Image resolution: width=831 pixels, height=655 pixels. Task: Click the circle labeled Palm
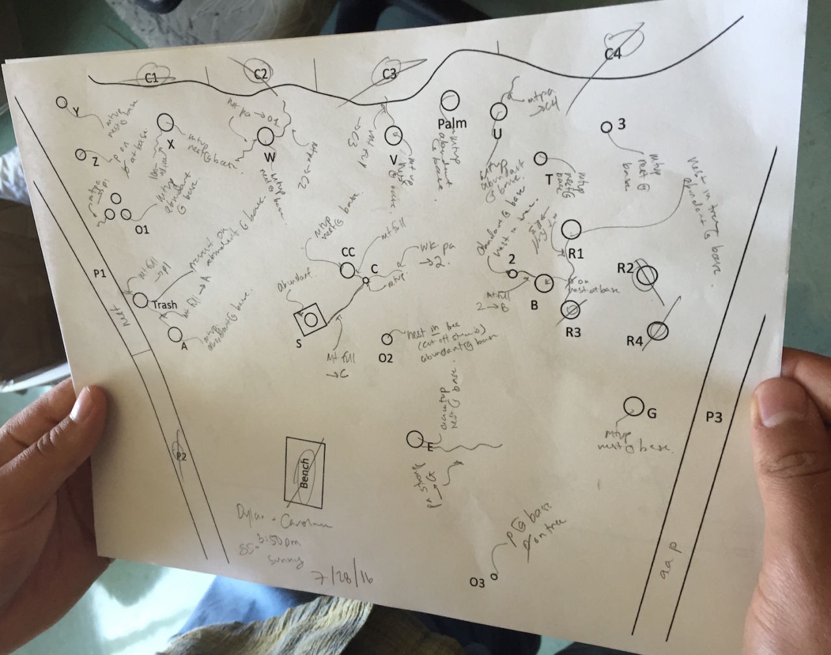(451, 99)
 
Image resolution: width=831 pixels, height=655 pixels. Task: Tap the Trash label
(166, 304)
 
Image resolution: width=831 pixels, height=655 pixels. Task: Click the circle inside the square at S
(310, 319)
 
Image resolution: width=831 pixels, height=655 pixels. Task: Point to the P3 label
(713, 417)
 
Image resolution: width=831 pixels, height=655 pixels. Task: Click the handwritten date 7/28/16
(343, 577)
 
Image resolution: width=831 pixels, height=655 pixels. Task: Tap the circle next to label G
(632, 406)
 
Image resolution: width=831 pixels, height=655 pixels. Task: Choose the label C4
(613, 55)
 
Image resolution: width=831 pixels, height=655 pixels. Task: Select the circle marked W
(265, 136)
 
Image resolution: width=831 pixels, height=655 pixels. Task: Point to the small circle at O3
(493, 575)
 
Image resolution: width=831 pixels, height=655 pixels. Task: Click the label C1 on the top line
(151, 78)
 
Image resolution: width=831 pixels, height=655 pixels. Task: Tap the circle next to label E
(414, 439)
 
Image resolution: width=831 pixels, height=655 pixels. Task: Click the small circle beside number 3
(606, 127)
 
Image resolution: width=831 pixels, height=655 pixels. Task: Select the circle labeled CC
(348, 269)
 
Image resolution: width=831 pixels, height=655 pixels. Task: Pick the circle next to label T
(541, 158)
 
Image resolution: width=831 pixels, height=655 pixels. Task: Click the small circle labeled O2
(387, 339)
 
